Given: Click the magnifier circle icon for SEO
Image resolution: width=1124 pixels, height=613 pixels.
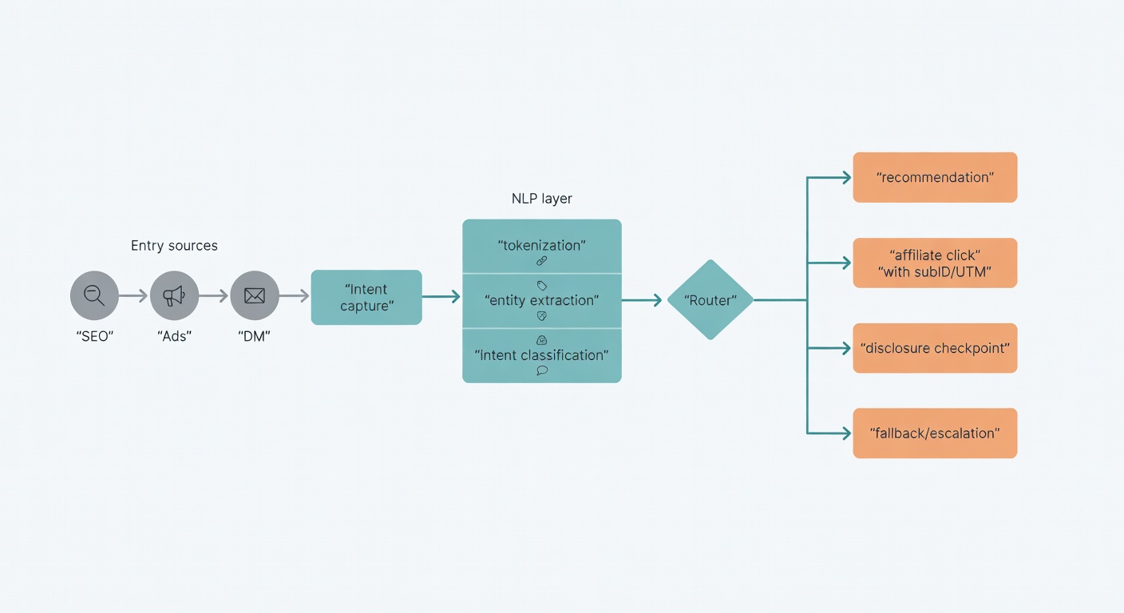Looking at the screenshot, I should (x=94, y=296).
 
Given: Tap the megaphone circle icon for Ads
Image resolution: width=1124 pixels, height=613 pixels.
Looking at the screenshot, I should (x=174, y=296).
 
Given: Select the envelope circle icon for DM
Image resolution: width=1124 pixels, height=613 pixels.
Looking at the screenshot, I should (x=255, y=296).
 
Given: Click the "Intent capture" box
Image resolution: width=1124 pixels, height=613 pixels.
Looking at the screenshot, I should (x=366, y=298).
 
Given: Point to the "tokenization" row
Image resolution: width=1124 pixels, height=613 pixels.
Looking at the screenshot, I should (x=542, y=247).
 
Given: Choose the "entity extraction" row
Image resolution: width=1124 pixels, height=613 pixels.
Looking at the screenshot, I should (x=542, y=301).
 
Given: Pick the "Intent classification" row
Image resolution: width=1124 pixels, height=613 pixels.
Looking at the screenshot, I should (x=542, y=355).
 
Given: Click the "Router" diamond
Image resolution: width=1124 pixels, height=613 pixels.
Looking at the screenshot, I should (x=710, y=300).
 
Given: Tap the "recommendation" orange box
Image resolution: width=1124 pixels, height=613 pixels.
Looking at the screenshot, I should (x=935, y=177).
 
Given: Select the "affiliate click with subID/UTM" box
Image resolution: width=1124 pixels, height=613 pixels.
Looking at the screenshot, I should (x=935, y=263).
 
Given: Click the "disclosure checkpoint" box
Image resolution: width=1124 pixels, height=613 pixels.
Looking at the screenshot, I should (x=935, y=348).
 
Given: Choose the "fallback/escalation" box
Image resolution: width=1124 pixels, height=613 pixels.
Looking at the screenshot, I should (x=935, y=433).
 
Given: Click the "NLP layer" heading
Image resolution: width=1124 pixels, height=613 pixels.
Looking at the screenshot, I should (x=542, y=199).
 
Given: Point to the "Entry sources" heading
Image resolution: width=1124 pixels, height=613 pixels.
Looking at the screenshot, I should (x=174, y=246).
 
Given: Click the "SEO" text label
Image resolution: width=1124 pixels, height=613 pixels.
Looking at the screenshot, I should (x=94, y=336).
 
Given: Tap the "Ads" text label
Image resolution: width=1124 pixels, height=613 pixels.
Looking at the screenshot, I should (x=174, y=336).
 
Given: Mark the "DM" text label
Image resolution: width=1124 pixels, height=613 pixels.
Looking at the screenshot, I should (x=255, y=336).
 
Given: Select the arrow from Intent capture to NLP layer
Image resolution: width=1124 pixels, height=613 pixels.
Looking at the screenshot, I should (x=441, y=297).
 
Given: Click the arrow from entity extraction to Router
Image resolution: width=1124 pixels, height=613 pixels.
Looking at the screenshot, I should (x=642, y=300).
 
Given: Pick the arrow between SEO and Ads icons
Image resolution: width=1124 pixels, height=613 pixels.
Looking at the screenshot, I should (x=133, y=296).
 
